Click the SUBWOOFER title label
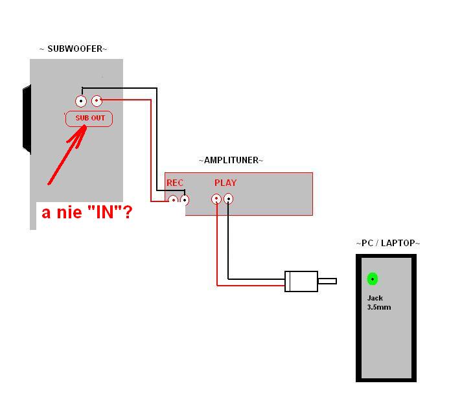[x=73, y=49]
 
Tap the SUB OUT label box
[x=89, y=119]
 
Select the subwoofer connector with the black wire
[x=81, y=101]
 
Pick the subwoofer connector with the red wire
[x=97, y=101]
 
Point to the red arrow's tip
[x=86, y=127]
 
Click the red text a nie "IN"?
[x=87, y=212]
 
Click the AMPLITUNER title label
[x=231, y=160]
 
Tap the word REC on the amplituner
[x=175, y=183]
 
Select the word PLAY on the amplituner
[x=225, y=183]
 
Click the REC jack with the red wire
[x=173, y=200]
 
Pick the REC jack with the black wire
[x=185, y=200]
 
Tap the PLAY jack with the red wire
[x=216, y=199]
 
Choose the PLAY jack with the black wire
[x=229, y=199]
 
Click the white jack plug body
[x=301, y=281]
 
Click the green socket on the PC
[x=373, y=279]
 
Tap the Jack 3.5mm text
[x=379, y=303]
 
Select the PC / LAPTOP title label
[x=388, y=243]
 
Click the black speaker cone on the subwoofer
[x=27, y=119]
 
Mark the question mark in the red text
[x=128, y=212]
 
